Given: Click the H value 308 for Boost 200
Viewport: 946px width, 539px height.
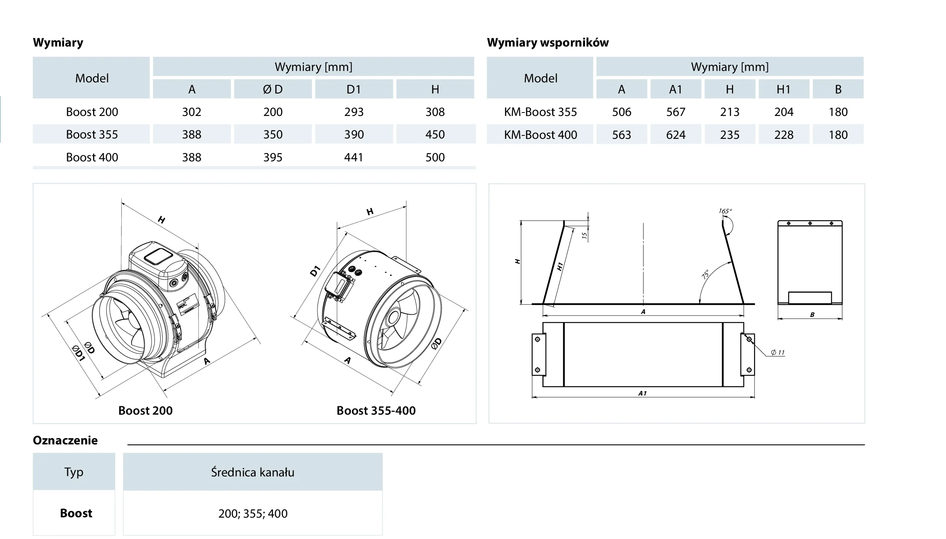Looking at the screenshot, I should point(435,112).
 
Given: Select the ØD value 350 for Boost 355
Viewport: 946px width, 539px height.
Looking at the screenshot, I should point(273,135).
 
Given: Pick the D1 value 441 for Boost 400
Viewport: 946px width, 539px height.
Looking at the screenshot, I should point(354,158).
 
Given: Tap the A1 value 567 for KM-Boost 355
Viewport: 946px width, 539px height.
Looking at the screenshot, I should point(675,112).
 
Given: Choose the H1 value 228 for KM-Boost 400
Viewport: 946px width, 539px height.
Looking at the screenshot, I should point(784,135).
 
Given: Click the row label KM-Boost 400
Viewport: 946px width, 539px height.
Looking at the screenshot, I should point(540,135).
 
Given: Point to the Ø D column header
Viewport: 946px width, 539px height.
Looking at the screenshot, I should point(273,90).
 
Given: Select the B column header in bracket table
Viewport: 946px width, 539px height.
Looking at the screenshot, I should point(838,90).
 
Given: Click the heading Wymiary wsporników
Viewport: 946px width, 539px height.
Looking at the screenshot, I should point(548,43).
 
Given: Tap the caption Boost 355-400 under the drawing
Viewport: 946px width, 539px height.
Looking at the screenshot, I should point(376,411).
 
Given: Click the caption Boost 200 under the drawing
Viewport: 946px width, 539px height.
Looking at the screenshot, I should point(145,411).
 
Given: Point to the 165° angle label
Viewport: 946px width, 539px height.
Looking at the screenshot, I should point(725,211).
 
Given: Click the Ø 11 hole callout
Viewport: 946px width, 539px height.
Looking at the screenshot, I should point(777,352).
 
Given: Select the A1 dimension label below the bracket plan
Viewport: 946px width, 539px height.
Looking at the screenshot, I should point(643,393).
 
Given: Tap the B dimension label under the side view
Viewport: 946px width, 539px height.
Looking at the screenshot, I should point(812,315).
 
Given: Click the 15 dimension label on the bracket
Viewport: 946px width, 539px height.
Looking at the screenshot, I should point(584,236).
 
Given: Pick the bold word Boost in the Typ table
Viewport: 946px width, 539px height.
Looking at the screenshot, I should point(76,513).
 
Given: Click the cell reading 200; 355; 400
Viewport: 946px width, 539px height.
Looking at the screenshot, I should point(253,514).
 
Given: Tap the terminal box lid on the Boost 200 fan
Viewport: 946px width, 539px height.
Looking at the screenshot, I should point(158,256).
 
